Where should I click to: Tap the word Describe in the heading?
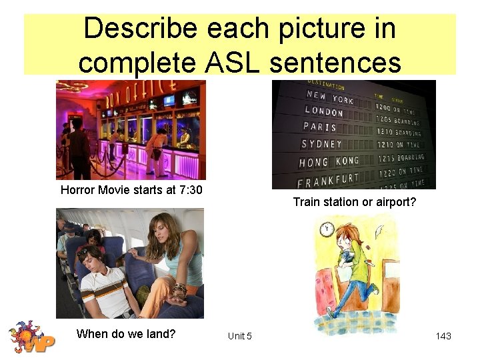tap(140, 28)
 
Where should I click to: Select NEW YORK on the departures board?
tap(331, 97)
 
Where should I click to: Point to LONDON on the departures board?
tap(324, 111)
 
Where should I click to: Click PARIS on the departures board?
tap(321, 127)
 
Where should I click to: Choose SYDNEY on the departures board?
tap(322, 144)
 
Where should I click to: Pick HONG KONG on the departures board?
tap(329, 162)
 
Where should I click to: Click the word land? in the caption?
tap(160, 333)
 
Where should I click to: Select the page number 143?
tap(443, 336)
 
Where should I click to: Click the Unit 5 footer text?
tap(239, 336)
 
